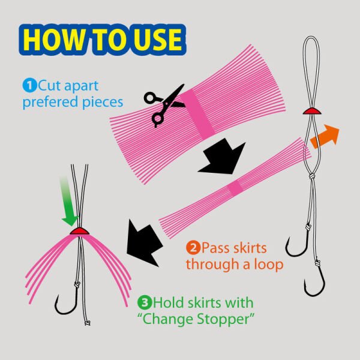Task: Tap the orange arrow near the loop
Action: [x=325, y=136]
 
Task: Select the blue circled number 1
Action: [x=29, y=86]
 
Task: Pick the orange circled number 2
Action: [x=193, y=247]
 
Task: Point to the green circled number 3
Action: [x=145, y=302]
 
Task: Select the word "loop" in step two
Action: [x=269, y=264]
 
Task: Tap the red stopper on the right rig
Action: [x=311, y=111]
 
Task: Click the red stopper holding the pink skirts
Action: [x=79, y=231]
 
